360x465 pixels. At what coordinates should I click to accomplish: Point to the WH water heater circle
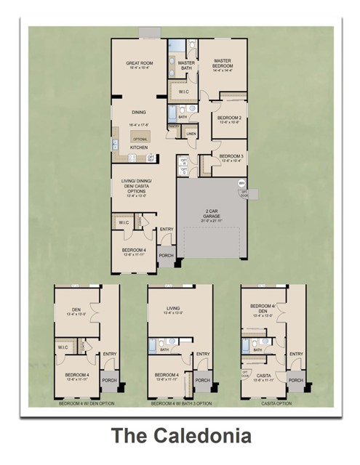coord(241,184)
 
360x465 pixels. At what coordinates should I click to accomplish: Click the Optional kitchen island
coord(140,138)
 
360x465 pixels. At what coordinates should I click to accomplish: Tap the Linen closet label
coord(191,134)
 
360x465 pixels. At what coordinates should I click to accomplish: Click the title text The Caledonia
coord(180,437)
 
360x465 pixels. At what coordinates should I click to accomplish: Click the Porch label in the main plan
coord(166,255)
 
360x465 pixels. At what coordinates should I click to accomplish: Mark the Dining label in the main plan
coord(139,113)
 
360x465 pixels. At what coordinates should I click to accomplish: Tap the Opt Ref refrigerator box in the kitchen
coord(151,157)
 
